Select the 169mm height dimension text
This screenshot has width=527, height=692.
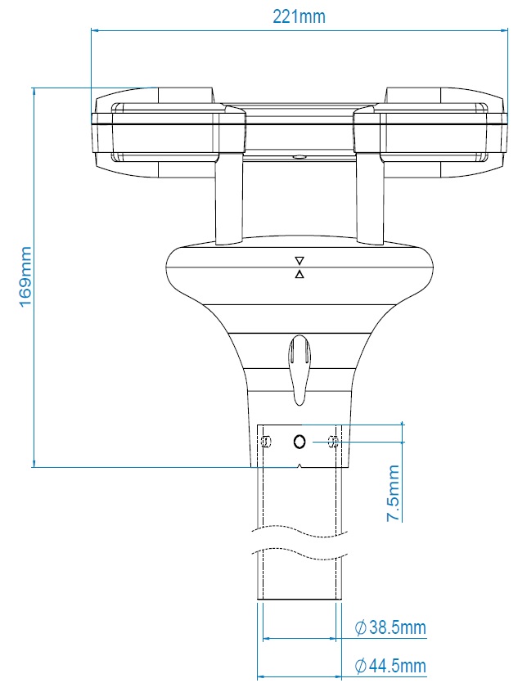[x=25, y=276]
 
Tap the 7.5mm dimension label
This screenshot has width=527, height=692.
[x=394, y=493]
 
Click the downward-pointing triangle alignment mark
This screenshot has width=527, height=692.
[x=300, y=260]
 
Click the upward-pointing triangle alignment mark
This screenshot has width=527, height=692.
[x=300, y=274]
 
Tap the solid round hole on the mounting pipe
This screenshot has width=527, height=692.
[x=300, y=442]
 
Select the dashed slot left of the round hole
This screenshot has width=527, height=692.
[x=265, y=442]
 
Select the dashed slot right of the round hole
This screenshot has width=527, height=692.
[x=332, y=442]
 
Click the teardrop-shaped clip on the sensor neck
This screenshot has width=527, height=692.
[x=300, y=366]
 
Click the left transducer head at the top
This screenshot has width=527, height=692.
[x=168, y=134]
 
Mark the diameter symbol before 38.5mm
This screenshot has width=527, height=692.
[x=360, y=628]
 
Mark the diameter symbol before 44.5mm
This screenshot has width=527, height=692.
[x=360, y=667]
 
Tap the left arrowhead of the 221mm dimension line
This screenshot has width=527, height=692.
[x=96, y=32]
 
